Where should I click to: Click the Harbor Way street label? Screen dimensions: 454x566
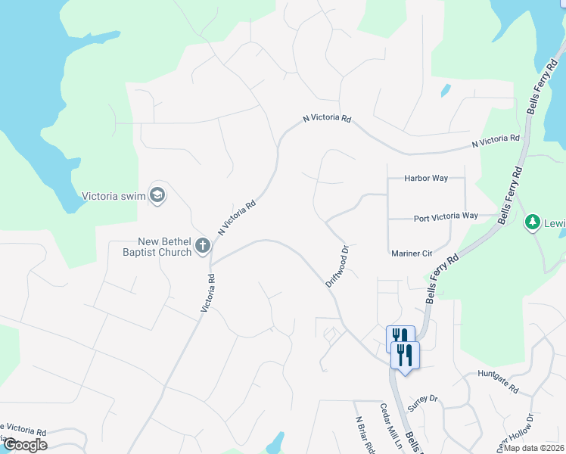(x=426, y=179)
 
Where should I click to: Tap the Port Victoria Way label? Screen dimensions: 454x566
(x=446, y=216)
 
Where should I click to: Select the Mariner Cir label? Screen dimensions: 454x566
(x=411, y=253)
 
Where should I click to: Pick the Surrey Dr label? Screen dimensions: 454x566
(x=422, y=402)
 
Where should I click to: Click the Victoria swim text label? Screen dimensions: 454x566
(x=113, y=196)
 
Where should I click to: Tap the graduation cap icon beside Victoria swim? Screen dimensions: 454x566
(x=157, y=195)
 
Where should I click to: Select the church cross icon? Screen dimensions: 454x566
(x=202, y=245)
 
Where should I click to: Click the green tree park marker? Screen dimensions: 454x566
(x=531, y=222)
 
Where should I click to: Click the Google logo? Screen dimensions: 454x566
(x=25, y=445)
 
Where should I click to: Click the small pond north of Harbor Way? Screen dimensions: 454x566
(x=446, y=91)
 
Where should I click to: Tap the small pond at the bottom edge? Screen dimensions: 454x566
(x=275, y=443)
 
